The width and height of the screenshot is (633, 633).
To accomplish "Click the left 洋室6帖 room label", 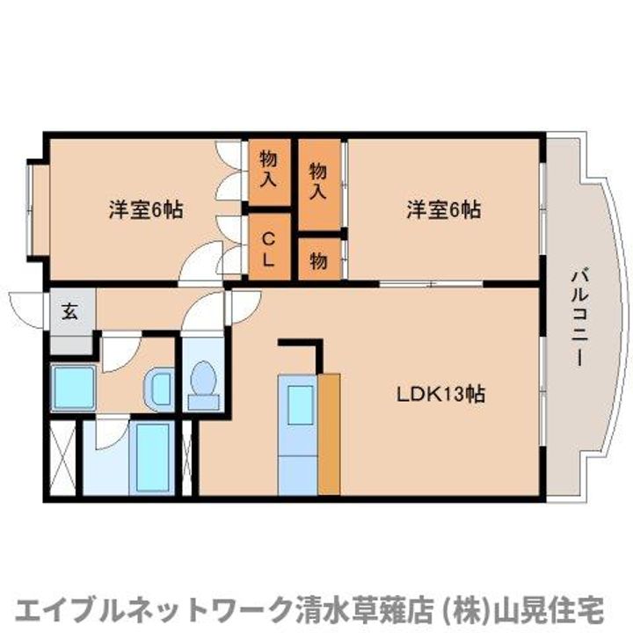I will pos(146,210).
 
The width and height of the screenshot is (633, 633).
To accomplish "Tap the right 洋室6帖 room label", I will pos(443,210).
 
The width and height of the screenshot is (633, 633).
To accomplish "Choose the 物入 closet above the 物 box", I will pos(318,181).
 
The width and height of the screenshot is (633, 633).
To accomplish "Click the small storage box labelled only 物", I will pos(318,261).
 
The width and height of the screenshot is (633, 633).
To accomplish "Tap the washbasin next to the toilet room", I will pos(158,387).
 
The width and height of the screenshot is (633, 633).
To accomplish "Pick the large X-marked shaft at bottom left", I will pos(62,458).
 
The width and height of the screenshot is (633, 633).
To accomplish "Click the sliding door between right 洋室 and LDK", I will pos(431,283).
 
